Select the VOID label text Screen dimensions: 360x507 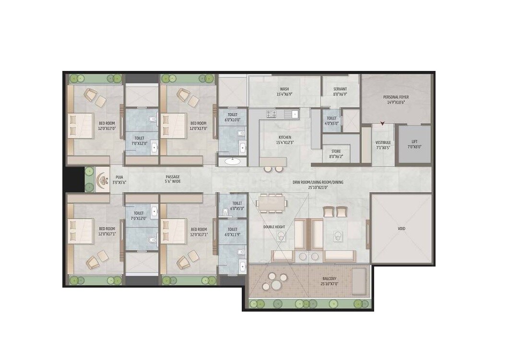click(x=401, y=229)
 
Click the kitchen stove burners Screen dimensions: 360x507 click(x=271, y=114)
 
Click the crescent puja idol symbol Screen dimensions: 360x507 click(x=102, y=180)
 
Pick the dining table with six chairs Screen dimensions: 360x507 click(x=272, y=203)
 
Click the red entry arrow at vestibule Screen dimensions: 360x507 click(x=382, y=124)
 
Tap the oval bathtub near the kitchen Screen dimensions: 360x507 click(x=233, y=161)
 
